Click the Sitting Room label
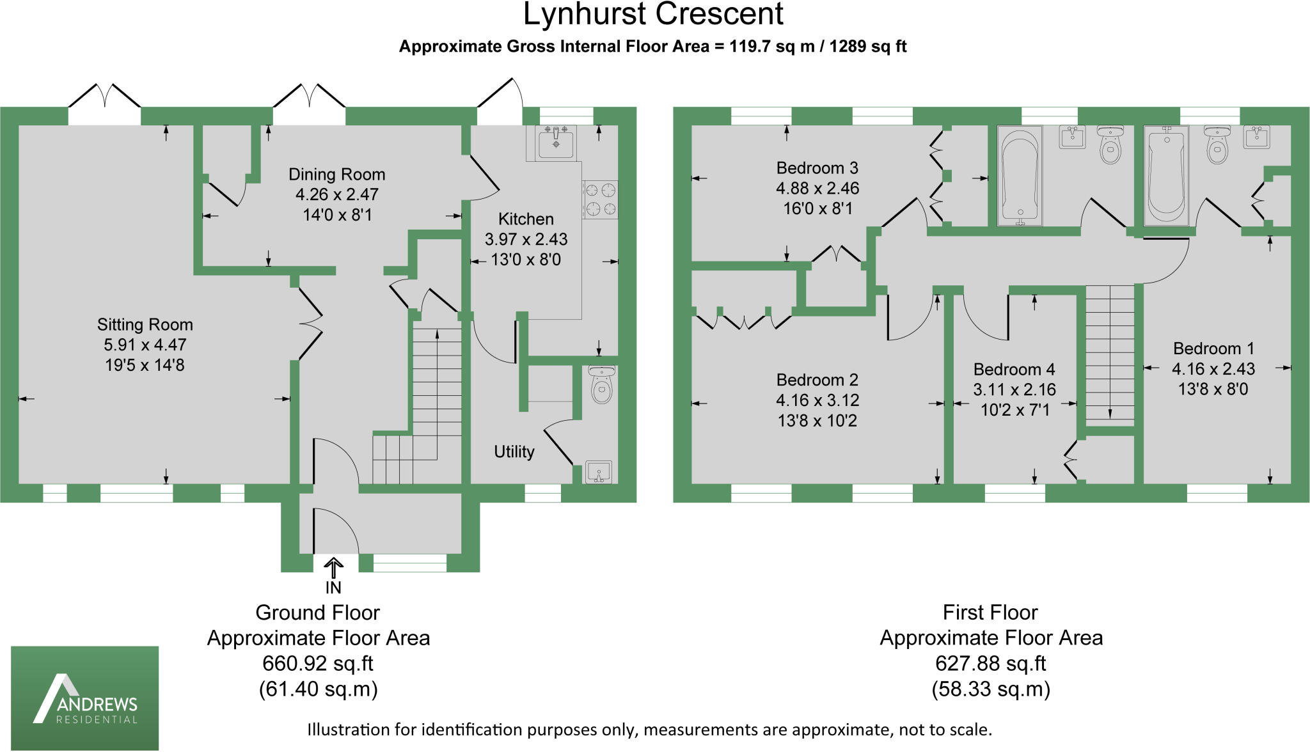[x=145, y=325]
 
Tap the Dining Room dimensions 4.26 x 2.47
[x=337, y=194]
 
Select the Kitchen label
[x=526, y=219]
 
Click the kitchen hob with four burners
[x=600, y=199]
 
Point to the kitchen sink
[x=556, y=142]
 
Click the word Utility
[x=514, y=452]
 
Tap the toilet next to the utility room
[x=601, y=384]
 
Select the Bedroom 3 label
[x=817, y=168]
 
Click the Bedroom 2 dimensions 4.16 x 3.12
[x=817, y=400]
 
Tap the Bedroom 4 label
[x=1014, y=370]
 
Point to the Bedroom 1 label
[x=1213, y=349]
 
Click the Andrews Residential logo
[x=85, y=698]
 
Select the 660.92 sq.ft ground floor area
[x=318, y=664]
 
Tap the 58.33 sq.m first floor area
[x=991, y=689]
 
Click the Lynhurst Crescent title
[x=653, y=15]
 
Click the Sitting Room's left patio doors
[x=104, y=106]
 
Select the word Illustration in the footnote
[x=348, y=730]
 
